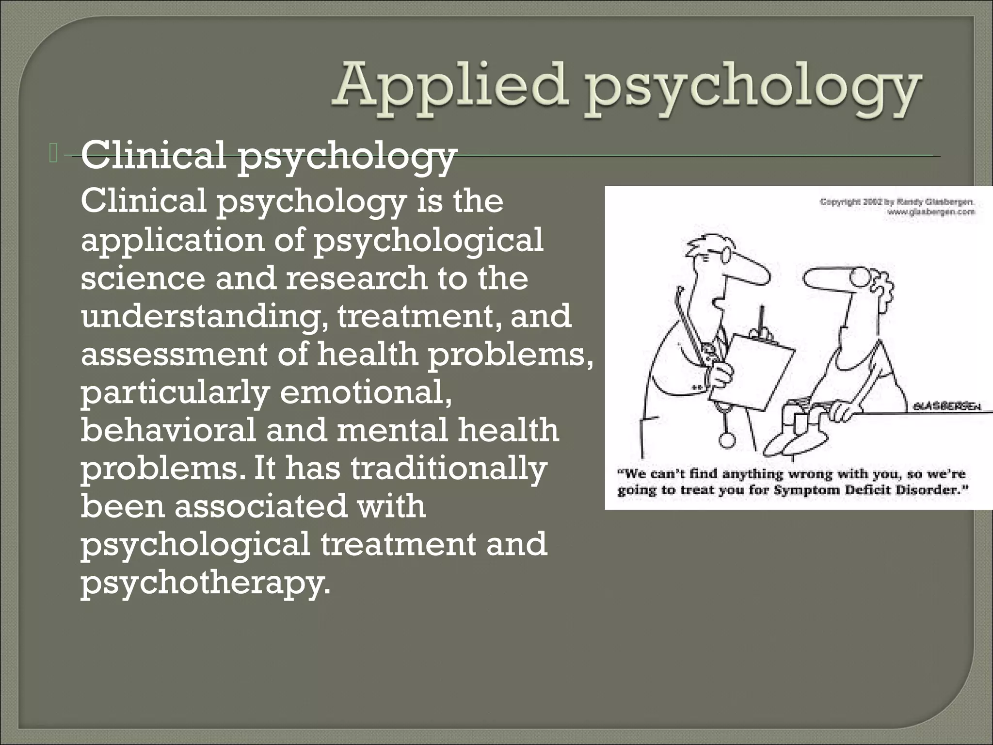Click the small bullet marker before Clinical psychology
click(x=53, y=153)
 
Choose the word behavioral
click(x=168, y=430)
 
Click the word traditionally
click(x=448, y=469)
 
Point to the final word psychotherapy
click(x=205, y=583)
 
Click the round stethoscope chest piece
click(x=726, y=439)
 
